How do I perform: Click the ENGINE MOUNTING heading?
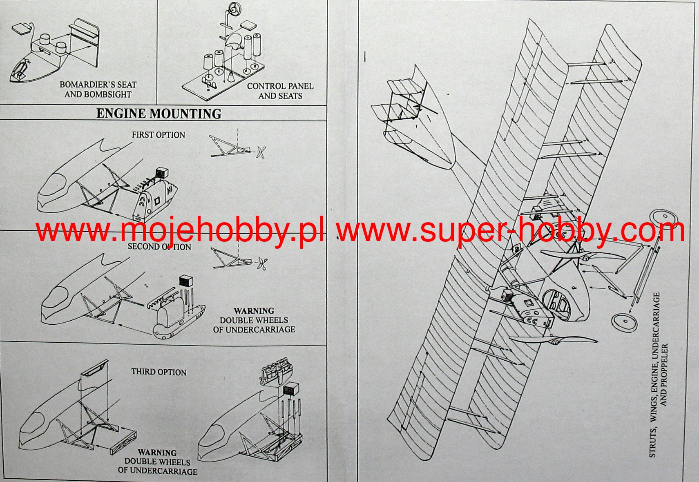pyautogui.click(x=159, y=114)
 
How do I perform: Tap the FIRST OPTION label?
pyautogui.click(x=159, y=135)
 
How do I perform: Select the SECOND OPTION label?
pyautogui.click(x=159, y=247)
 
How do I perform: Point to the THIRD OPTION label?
pyautogui.click(x=159, y=372)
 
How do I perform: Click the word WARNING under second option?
pyautogui.click(x=254, y=311)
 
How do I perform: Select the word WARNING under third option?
pyautogui.click(x=157, y=453)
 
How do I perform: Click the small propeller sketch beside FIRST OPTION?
pyautogui.click(x=262, y=153)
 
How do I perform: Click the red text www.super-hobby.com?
pyautogui.click(x=510, y=231)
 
